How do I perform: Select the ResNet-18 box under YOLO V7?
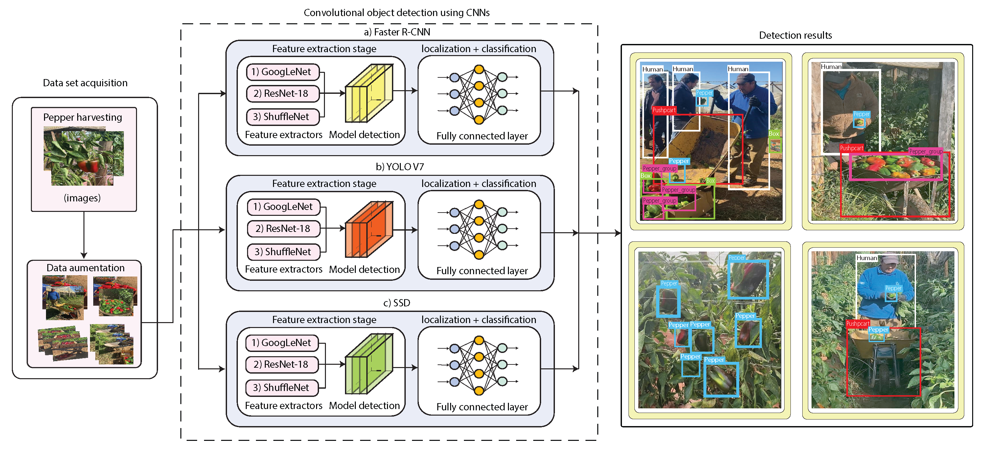click(x=283, y=229)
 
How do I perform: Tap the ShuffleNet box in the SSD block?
click(x=282, y=388)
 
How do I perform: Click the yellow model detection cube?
click(x=369, y=93)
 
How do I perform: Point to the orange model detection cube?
click(x=369, y=229)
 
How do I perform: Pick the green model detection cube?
click(x=369, y=364)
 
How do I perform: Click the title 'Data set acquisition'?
click(x=85, y=83)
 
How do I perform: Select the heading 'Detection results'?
click(x=795, y=35)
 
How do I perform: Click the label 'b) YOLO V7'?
click(x=400, y=167)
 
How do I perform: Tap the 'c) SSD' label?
click(x=397, y=303)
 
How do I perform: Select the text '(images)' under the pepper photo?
click(x=82, y=198)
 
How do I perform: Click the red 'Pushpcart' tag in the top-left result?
click(x=664, y=110)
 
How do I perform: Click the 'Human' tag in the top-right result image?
click(x=831, y=67)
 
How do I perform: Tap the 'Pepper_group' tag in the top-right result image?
click(x=926, y=152)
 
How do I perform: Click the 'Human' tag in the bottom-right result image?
click(x=867, y=258)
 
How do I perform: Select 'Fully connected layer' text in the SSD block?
click(x=482, y=407)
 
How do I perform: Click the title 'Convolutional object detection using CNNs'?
click(x=397, y=12)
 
